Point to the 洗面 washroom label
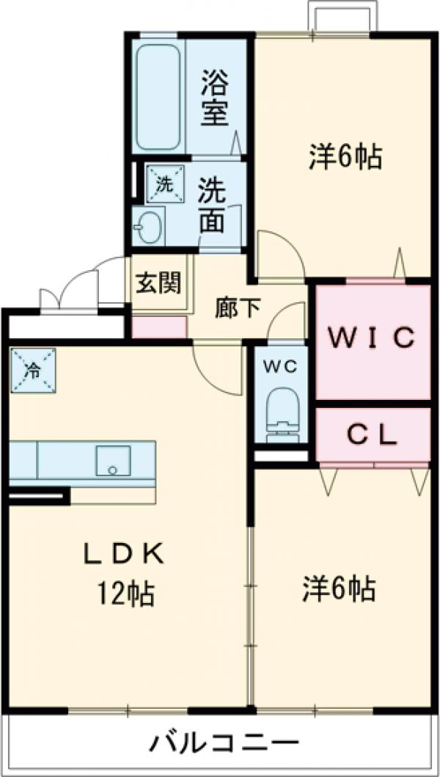pyautogui.click(x=213, y=208)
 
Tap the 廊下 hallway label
pyautogui.click(x=237, y=308)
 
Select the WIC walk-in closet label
pyautogui.click(x=372, y=338)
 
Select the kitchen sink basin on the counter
pyautogui.click(x=111, y=460)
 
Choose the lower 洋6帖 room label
pyautogui.click(x=340, y=588)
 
